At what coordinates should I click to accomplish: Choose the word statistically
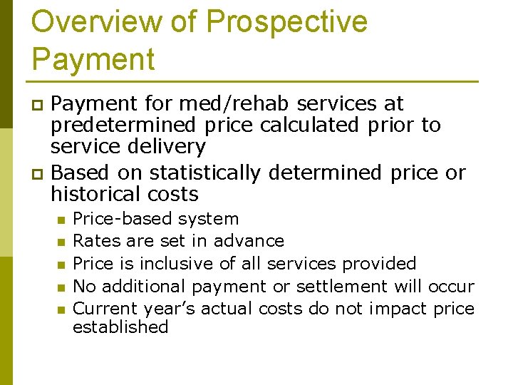pos(207,173)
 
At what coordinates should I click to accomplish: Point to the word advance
pos(249,241)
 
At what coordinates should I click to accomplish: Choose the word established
pos(120,327)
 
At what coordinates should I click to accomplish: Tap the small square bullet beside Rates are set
pos(61,242)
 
